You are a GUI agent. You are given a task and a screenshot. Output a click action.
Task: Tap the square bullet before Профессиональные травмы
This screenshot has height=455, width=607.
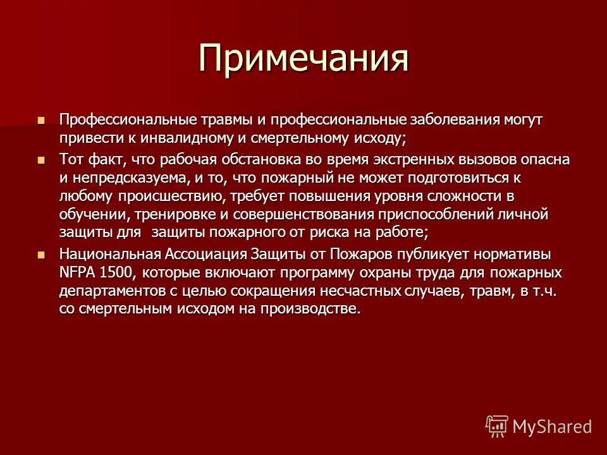click(42, 119)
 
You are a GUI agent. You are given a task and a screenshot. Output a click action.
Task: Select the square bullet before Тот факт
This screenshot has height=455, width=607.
click(42, 160)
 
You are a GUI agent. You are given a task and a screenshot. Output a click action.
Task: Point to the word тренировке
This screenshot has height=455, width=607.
click(161, 215)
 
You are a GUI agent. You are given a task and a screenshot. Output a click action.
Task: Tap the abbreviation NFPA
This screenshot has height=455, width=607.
click(77, 273)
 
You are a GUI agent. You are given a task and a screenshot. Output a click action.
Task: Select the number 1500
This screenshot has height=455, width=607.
click(120, 273)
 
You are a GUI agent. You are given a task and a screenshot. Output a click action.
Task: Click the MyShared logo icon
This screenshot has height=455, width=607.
click(497, 426)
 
